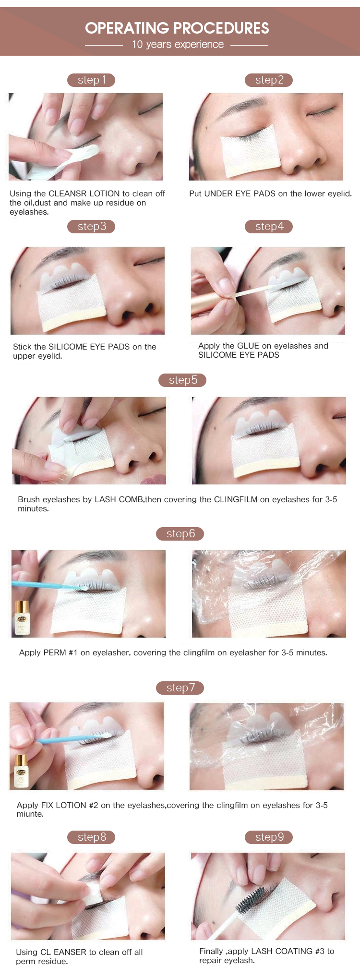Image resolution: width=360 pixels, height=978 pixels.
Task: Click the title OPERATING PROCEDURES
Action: point(177,28)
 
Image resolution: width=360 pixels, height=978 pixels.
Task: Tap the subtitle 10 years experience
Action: point(178,45)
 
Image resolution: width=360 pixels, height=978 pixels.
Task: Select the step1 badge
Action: point(91,80)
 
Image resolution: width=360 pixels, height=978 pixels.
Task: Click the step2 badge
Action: point(269,80)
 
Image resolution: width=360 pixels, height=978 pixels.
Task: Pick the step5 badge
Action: point(182,380)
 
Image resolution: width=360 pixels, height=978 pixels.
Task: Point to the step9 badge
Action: point(269,837)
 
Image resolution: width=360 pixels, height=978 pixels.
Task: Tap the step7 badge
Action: point(180,688)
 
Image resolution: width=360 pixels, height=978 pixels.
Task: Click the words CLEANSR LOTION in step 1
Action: point(84,193)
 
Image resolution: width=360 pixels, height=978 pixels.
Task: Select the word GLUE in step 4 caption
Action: point(248,346)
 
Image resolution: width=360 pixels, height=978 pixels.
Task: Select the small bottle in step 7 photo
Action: point(21,771)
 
